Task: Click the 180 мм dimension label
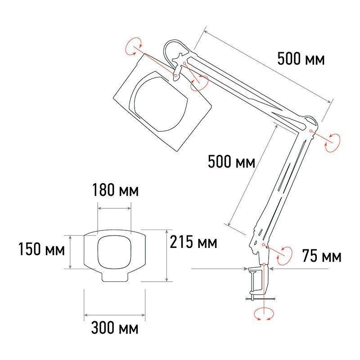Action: pos(116,190)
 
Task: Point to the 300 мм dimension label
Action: pos(115,328)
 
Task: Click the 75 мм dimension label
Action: pos(321,256)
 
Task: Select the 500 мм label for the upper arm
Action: pos(301,58)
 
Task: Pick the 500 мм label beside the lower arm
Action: pos(231,162)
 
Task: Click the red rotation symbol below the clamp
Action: pos(264,314)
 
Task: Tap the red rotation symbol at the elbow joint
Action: pos(332,143)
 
